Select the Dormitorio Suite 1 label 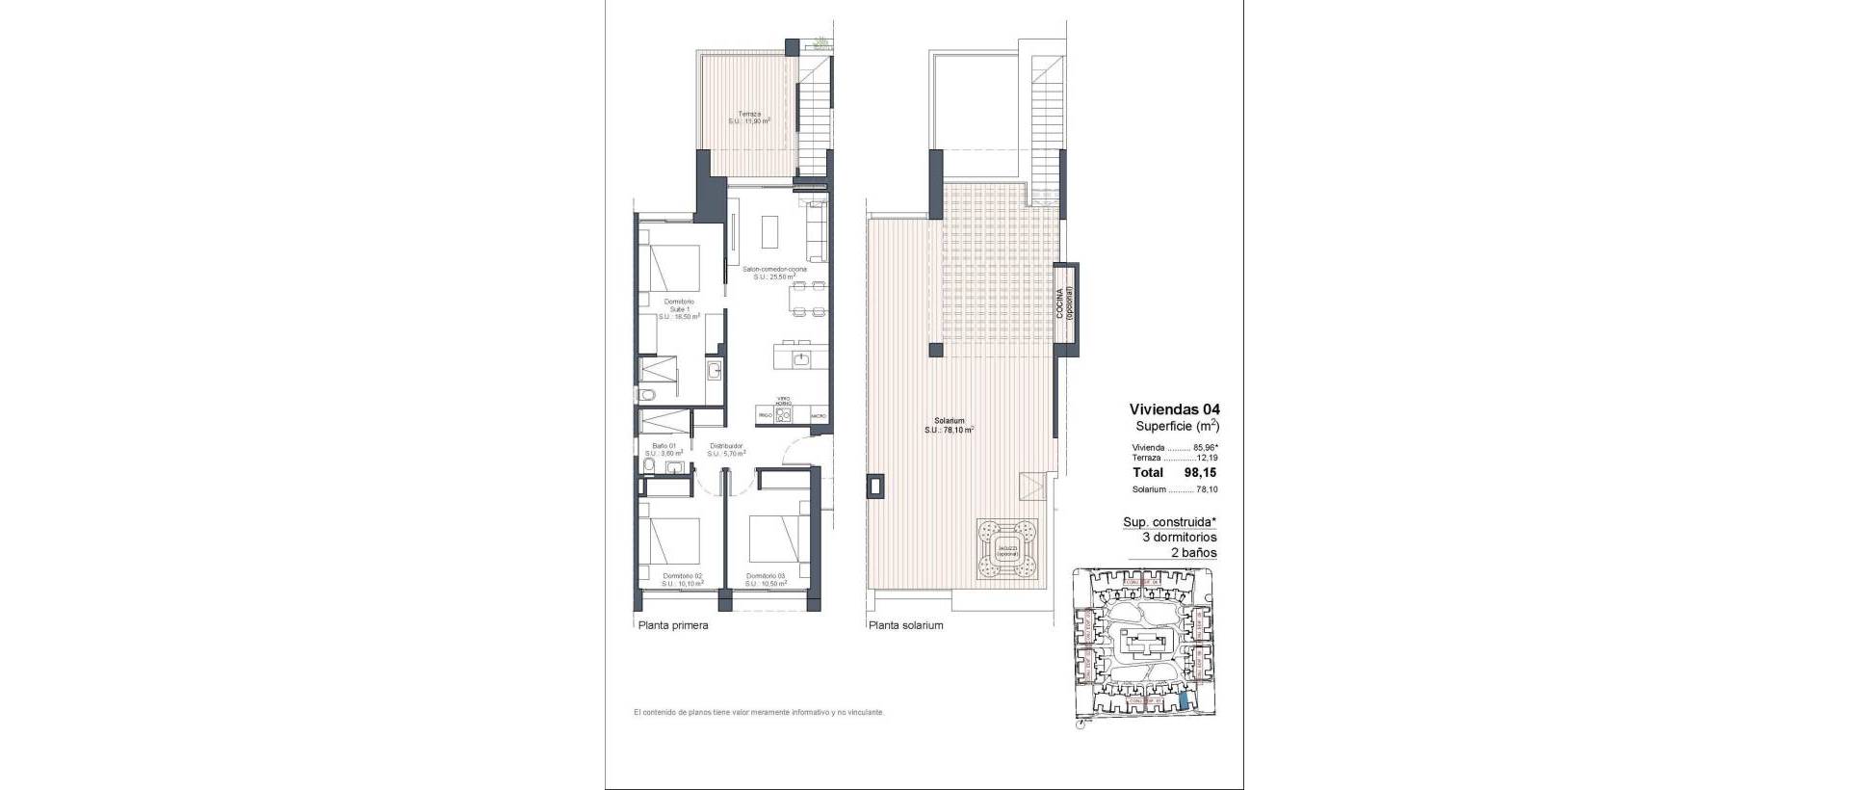(x=678, y=308)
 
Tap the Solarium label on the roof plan (x=950, y=425)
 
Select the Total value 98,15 (x=1202, y=473)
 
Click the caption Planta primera (x=673, y=625)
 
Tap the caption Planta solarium (x=905, y=625)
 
